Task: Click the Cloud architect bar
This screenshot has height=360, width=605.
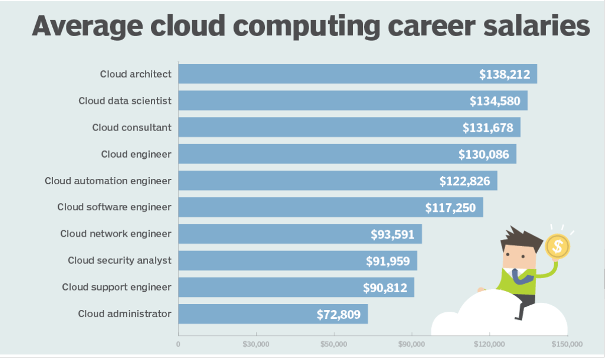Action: tap(327, 74)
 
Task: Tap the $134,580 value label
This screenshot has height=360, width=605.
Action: tap(495, 101)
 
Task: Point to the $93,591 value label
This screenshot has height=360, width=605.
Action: tap(392, 234)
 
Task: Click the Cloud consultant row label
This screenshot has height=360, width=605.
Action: tap(132, 128)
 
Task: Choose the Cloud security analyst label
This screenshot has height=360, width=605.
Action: tap(120, 261)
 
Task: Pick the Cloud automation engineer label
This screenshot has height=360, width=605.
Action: tap(108, 181)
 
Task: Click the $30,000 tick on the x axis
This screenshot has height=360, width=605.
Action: tap(256, 344)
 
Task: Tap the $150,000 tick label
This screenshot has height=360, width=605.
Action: tap(567, 344)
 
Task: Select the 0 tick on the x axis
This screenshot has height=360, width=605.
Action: tap(178, 344)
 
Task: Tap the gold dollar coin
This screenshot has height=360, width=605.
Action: tap(557, 246)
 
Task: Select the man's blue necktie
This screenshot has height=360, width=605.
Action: tap(516, 276)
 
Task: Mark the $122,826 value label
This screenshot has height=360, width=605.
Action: tap(465, 181)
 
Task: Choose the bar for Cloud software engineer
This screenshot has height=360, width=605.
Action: tap(301, 207)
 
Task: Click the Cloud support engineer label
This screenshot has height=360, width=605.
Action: tap(117, 287)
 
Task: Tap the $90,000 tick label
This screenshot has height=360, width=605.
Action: tap(412, 344)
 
